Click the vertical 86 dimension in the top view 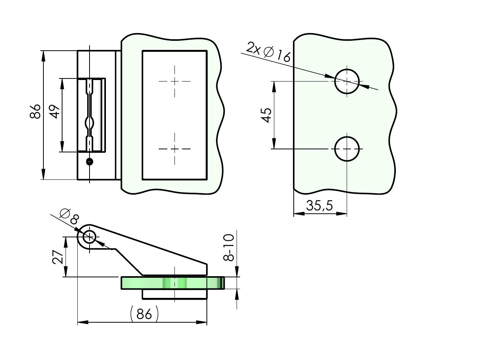coord(35,111)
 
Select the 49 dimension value coord(55,112)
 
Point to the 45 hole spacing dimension coord(267,115)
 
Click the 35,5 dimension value coord(319,206)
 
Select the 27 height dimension coord(58,257)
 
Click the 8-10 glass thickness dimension coord(228,248)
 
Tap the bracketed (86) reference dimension coord(144,314)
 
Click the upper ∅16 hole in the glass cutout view coord(347,81)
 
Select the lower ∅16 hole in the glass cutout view coord(347,149)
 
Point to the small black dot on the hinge coord(90,162)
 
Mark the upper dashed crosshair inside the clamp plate coord(175,81)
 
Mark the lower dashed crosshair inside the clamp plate coord(175,149)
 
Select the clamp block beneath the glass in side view coord(174,294)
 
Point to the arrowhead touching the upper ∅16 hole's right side coord(364,86)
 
